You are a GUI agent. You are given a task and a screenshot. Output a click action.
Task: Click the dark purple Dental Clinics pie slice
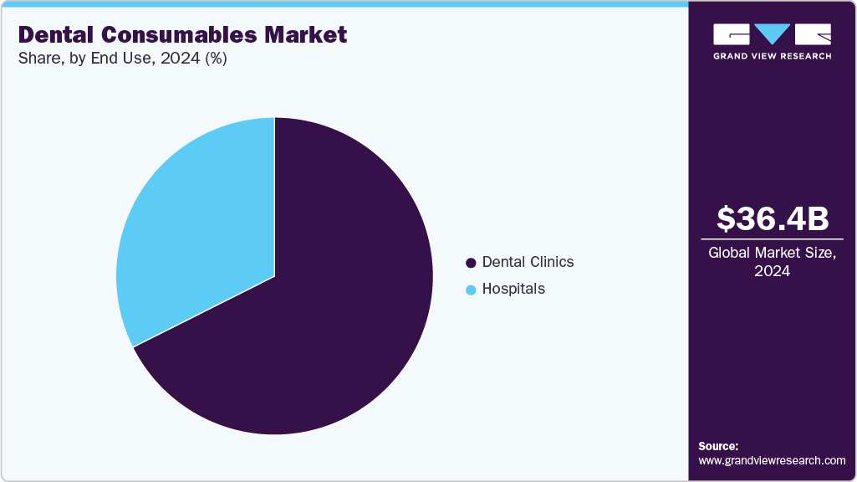coord(334,318)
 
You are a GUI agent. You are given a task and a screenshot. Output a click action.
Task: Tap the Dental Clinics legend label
coord(528,262)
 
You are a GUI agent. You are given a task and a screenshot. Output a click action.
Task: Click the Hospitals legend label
coord(513,289)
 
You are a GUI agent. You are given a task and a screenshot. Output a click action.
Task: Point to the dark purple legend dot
coord(471,263)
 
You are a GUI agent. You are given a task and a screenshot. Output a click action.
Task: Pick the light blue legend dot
coord(471,290)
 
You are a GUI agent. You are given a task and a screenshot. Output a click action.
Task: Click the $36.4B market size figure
coord(773,218)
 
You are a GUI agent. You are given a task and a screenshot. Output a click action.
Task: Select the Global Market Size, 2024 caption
coord(773,262)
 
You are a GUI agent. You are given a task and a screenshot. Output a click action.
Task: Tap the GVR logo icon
coord(773,34)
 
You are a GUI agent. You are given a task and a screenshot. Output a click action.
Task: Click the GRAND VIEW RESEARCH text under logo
coord(773,56)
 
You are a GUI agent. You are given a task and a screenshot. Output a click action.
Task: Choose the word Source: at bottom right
coord(718,446)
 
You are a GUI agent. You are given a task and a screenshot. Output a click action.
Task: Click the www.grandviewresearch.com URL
coord(772,460)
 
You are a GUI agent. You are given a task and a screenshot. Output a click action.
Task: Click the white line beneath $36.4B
coord(773,238)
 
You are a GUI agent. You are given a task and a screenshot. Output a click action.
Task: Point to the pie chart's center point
coord(274,276)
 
